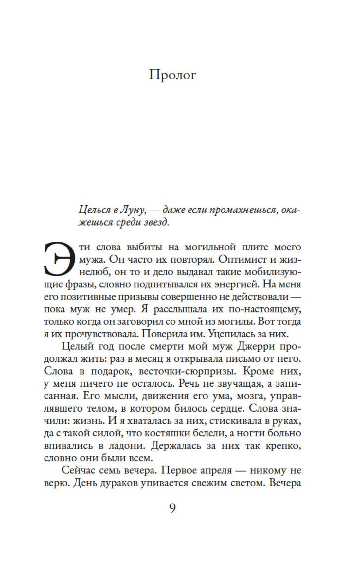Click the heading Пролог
tap(173, 75)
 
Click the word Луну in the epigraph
tap(133, 211)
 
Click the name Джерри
tap(249, 346)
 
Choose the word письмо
tap(237, 359)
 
